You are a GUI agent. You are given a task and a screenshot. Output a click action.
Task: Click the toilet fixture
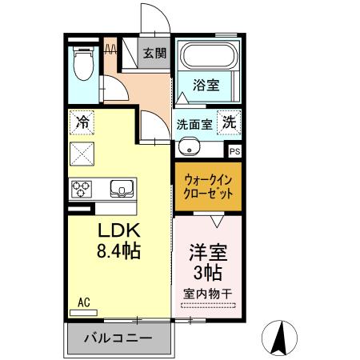click(x=83, y=64)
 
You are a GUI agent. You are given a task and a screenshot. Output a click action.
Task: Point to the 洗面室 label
click(x=194, y=125)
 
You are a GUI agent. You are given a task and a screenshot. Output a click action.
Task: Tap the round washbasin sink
click(x=189, y=146)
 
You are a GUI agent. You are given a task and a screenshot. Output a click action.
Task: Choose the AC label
click(x=84, y=302)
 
